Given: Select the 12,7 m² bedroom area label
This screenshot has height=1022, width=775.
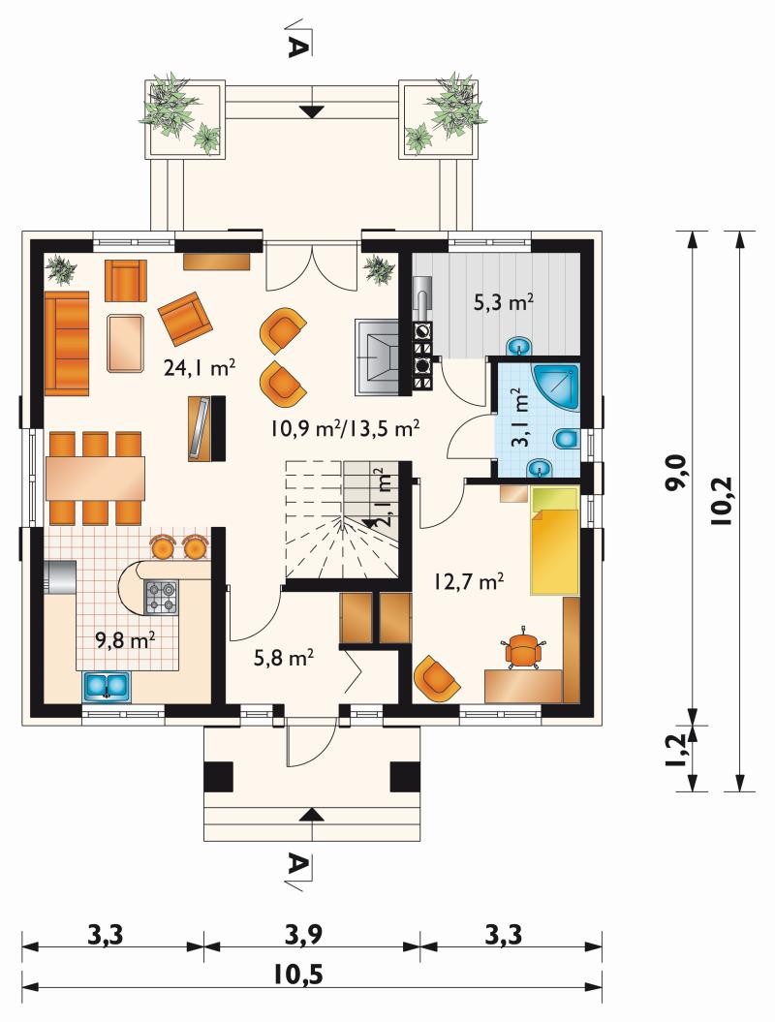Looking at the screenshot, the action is click(x=469, y=580).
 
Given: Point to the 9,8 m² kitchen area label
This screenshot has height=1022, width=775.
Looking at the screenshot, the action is click(x=125, y=640).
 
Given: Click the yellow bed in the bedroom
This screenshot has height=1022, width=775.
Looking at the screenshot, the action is click(x=555, y=541).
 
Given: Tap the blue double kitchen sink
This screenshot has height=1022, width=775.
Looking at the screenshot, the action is click(x=107, y=686).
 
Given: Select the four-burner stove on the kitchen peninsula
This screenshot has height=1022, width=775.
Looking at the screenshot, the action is click(x=161, y=598).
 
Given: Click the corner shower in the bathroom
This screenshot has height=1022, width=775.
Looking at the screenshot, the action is click(x=556, y=387).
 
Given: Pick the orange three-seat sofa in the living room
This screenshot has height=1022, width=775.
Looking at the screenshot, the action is click(x=67, y=343).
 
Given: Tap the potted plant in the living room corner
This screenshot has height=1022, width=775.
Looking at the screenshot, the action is click(x=61, y=268).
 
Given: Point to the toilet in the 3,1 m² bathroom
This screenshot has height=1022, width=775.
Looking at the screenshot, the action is click(x=566, y=439).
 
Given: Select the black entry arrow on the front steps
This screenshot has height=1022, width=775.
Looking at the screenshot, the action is click(x=314, y=814).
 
